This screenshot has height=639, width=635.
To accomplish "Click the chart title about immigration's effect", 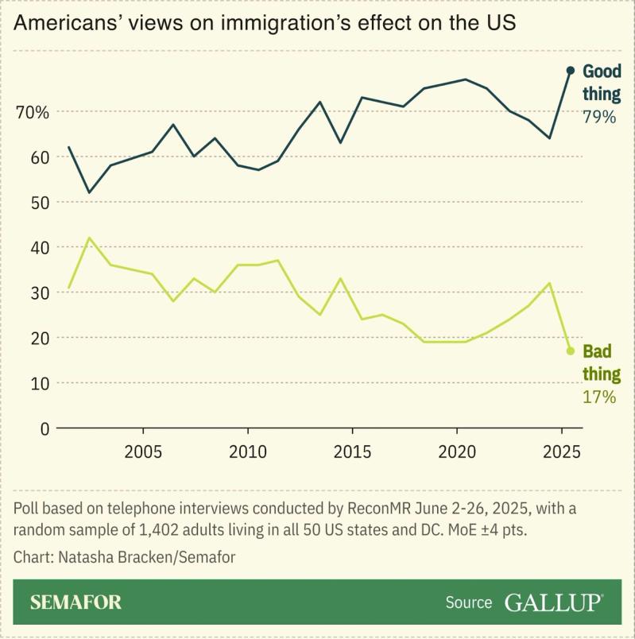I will tap(265, 23).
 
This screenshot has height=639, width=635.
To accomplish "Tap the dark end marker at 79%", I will tap(570, 70).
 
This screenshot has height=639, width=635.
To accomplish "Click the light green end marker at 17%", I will tap(570, 350).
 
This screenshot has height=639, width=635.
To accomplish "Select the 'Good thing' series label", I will tap(602, 83).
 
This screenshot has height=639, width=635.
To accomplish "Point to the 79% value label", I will tap(600, 118).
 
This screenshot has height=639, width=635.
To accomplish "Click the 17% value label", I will tap(599, 397).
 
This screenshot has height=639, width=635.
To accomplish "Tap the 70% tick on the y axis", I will tap(33, 112).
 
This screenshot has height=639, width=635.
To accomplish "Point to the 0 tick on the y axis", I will tap(45, 428).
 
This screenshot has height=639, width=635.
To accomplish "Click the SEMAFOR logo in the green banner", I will tap(76, 602).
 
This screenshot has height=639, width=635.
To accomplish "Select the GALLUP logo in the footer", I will tap(553, 602).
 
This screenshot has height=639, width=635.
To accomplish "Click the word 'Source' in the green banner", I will tap(468, 602).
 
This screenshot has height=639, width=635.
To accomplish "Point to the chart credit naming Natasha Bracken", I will tap(124, 556).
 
